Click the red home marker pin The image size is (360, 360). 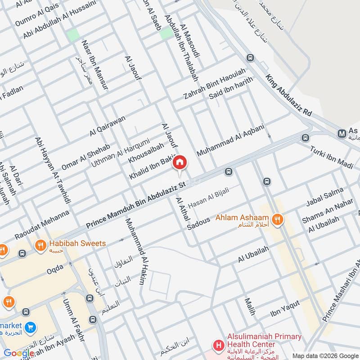(x=180, y=163)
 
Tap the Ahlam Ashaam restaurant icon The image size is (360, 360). (x=279, y=219)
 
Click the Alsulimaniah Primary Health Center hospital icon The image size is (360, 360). (x=219, y=346)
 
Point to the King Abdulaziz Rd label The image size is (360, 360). (x=288, y=95)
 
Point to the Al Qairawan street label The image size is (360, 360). (x=107, y=126)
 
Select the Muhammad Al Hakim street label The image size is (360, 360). (x=137, y=251)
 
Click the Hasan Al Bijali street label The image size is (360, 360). (x=208, y=197)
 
